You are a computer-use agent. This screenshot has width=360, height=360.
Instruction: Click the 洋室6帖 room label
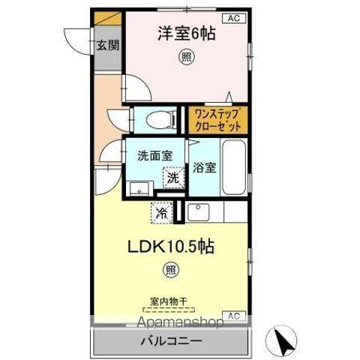[x=181, y=34]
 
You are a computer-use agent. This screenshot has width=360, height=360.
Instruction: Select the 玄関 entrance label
[x=107, y=44]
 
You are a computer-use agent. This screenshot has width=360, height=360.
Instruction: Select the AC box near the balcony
[x=232, y=316]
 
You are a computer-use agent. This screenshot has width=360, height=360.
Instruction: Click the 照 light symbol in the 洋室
[x=183, y=57]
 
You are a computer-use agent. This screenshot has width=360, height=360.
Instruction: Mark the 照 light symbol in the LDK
[x=172, y=268]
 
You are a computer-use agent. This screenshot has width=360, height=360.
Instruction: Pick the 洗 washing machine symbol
[x=172, y=178]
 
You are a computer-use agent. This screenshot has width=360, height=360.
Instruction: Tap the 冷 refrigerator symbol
[x=161, y=213]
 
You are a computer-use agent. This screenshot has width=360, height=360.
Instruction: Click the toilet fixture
[x=154, y=119]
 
